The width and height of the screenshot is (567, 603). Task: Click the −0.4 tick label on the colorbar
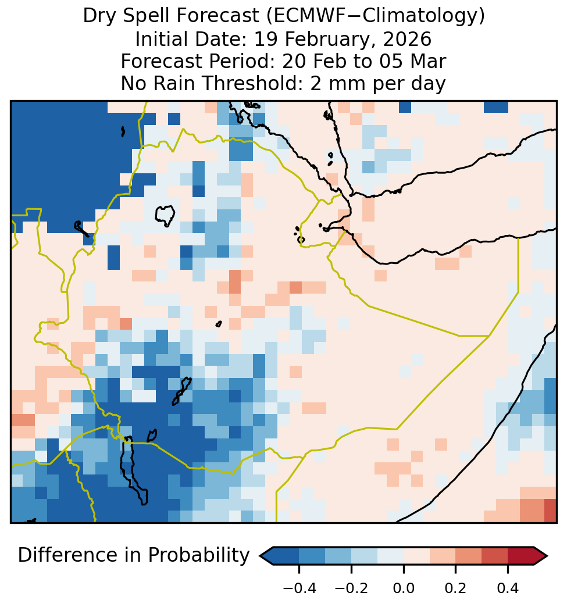(299, 588)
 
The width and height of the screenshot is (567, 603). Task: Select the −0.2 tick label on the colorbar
(351, 588)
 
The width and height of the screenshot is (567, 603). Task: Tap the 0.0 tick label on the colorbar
(404, 588)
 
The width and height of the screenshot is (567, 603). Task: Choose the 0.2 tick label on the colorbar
(455, 588)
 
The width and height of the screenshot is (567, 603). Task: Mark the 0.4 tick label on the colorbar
(508, 588)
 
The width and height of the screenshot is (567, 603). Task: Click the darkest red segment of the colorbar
(521, 556)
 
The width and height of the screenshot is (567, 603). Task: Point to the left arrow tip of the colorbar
(261, 556)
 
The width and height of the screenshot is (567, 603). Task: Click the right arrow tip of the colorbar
(547, 556)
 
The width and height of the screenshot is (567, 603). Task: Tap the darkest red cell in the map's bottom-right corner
(551, 511)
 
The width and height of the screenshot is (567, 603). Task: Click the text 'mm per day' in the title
(384, 84)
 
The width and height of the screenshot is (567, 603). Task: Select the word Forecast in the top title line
(217, 16)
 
